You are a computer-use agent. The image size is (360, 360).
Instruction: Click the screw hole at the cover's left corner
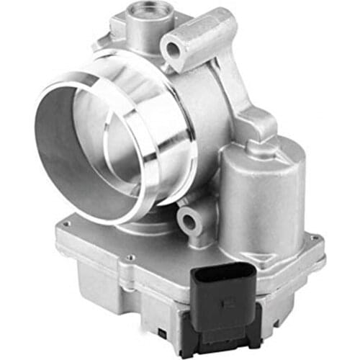coord(66,225)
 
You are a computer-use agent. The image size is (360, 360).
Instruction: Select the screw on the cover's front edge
coord(130,257)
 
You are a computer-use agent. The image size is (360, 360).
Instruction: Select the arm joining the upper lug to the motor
coord(248,108)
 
